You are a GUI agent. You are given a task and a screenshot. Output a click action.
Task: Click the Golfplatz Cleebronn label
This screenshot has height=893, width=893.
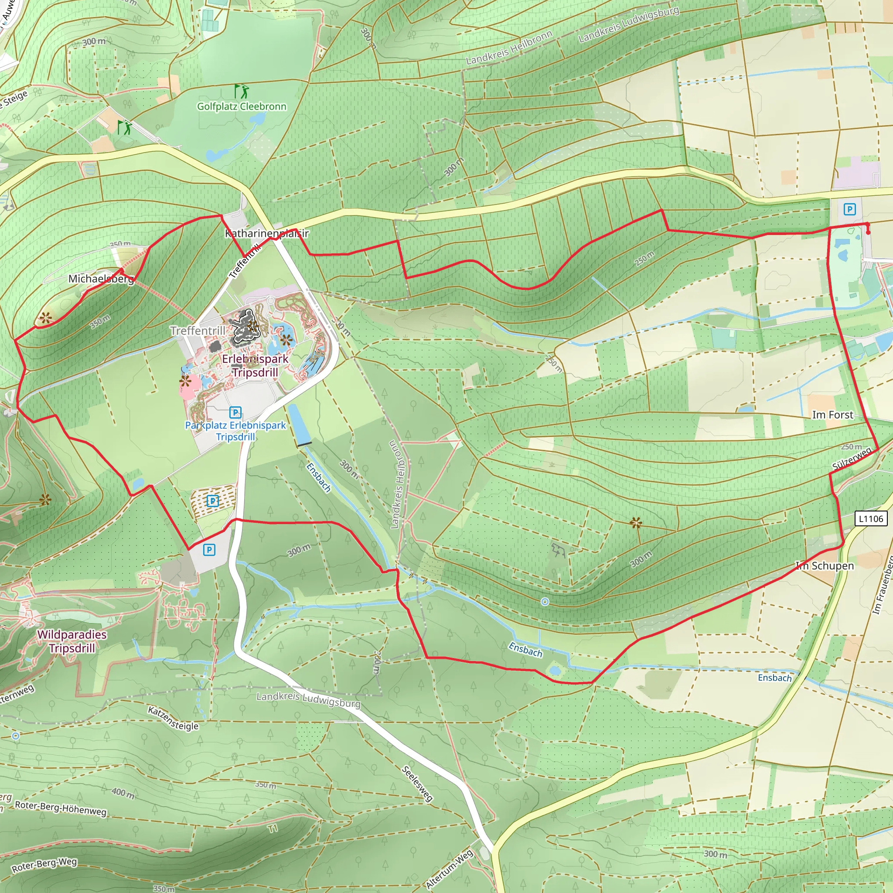pyautogui.click(x=242, y=106)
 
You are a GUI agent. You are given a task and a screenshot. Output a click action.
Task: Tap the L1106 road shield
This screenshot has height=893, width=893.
pyautogui.click(x=871, y=518)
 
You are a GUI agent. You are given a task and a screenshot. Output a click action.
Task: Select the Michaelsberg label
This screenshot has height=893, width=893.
pyautogui.click(x=101, y=279)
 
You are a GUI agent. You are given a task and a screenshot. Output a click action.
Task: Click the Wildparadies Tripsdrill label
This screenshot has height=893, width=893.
pyautogui.click(x=72, y=641)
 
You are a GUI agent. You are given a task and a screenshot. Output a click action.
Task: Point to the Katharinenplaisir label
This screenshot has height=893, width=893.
pyautogui.click(x=267, y=233)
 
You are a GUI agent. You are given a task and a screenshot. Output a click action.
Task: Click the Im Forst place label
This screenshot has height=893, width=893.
pyautogui.click(x=832, y=415)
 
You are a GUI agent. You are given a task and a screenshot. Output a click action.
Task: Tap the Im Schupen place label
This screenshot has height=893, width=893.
pyautogui.click(x=825, y=566)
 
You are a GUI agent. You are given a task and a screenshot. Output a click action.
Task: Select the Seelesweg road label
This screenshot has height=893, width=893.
pyautogui.click(x=417, y=784)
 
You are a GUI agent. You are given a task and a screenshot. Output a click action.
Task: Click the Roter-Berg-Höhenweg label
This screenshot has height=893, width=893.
pyautogui.click(x=61, y=808)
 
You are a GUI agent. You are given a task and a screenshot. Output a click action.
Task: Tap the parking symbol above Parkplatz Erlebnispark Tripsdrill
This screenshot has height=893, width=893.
pyautogui.click(x=235, y=412)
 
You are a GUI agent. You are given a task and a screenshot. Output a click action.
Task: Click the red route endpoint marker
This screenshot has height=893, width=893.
pyautogui.click(x=868, y=231)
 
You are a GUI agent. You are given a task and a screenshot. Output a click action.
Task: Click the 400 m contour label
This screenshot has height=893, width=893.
pyautogui.click(x=123, y=793)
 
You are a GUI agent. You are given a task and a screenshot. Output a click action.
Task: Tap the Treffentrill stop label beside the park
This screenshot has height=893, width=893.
pyautogui.click(x=198, y=331)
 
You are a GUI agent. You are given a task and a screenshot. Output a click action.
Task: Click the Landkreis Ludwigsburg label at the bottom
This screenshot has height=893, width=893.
pyautogui.click(x=308, y=700)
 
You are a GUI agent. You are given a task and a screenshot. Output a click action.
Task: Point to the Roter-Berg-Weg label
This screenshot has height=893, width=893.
pyautogui.click(x=44, y=864)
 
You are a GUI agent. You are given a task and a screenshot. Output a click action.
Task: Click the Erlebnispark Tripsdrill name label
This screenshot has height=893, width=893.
pyautogui.click(x=255, y=365)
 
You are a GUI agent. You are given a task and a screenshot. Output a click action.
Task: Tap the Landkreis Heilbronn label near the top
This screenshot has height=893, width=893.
pyautogui.click(x=509, y=48)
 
